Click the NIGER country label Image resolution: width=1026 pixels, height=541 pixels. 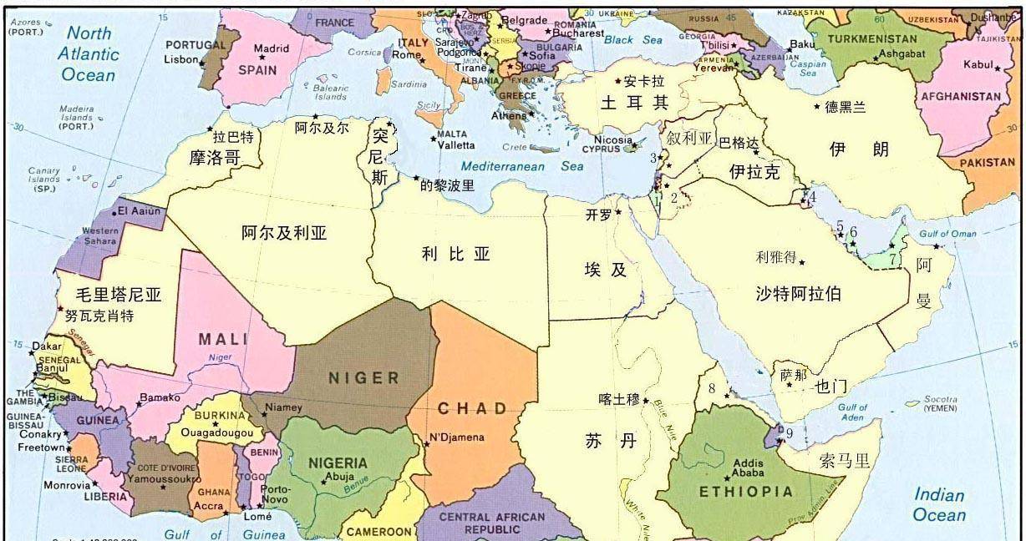pyautogui.click(x=363, y=377)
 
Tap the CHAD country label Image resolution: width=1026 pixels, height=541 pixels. pyautogui.click(x=473, y=408)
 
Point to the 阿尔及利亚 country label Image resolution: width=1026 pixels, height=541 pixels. pyautogui.click(x=284, y=233)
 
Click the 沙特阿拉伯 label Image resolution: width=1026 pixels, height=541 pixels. pyautogui.click(x=798, y=293)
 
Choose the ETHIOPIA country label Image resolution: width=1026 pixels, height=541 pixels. pyautogui.click(x=745, y=492)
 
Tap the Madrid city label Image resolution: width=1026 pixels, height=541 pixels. pyautogui.click(x=272, y=48)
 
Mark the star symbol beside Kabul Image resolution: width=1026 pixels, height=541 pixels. pyautogui.click(x=998, y=68)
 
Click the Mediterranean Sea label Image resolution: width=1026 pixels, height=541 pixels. pyautogui.click(x=522, y=166)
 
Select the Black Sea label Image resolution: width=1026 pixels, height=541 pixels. pyautogui.click(x=632, y=40)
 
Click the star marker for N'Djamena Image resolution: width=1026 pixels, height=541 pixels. pyautogui.click(x=426, y=444)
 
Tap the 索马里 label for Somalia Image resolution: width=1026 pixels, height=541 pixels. pyautogui.click(x=845, y=460)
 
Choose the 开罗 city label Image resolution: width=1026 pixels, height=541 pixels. pyautogui.click(x=598, y=215)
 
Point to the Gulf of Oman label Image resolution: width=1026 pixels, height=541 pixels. pyautogui.click(x=947, y=234)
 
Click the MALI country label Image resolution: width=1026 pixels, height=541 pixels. pyautogui.click(x=222, y=339)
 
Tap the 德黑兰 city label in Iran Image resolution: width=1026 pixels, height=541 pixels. pyautogui.click(x=846, y=107)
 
